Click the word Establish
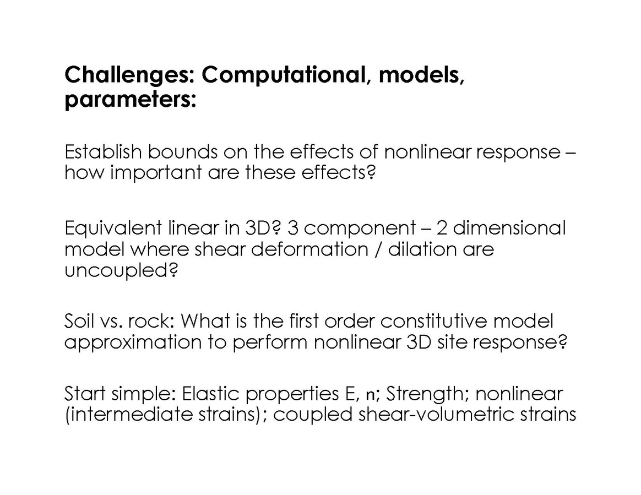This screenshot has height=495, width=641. point(103,151)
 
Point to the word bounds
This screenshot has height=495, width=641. point(182,151)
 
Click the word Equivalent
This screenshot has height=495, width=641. point(113,229)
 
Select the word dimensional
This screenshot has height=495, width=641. point(509,227)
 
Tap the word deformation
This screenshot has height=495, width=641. point(309,249)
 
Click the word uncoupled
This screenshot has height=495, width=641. point(121,271)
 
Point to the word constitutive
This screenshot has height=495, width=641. point(434,321)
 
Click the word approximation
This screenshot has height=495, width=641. point(133,342)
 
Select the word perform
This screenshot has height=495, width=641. point(270,342)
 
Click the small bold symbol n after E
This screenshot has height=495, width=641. point(370,395)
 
